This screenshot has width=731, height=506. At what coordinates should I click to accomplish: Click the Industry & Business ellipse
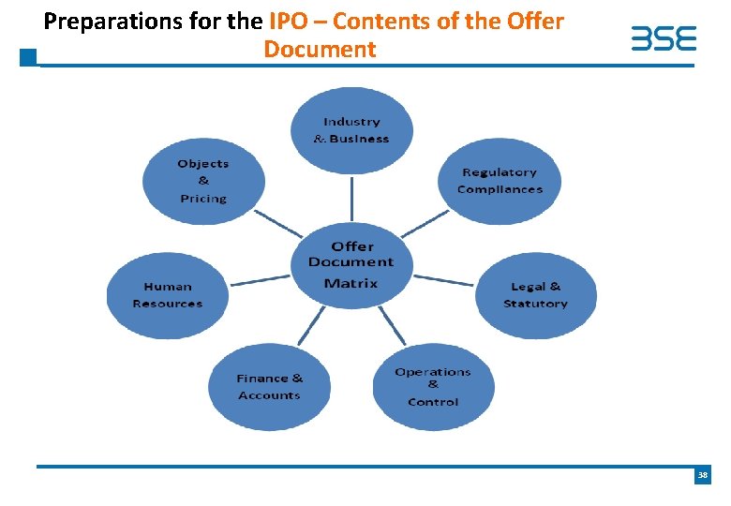(x=351, y=130)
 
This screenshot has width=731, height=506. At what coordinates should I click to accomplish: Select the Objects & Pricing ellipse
(x=203, y=180)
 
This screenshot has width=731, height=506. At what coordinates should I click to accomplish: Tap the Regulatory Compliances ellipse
(x=500, y=181)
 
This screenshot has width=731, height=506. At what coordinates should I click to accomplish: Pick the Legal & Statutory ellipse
(x=535, y=295)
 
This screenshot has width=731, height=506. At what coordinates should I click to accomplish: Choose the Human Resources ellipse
(x=168, y=295)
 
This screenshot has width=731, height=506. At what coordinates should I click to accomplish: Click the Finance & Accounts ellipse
(x=269, y=387)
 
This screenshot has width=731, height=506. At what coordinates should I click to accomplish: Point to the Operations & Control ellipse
(x=433, y=387)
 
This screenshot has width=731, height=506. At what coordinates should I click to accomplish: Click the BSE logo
(x=664, y=39)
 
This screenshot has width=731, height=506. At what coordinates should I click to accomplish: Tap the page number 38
(x=702, y=477)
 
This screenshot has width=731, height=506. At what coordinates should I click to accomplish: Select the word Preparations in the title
(x=101, y=21)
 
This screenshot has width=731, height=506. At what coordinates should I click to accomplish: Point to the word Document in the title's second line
(x=320, y=49)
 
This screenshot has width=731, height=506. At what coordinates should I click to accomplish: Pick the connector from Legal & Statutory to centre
(x=443, y=279)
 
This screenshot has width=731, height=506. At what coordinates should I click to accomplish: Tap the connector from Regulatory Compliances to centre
(x=425, y=223)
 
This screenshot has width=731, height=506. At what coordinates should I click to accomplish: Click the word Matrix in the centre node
(x=351, y=283)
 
